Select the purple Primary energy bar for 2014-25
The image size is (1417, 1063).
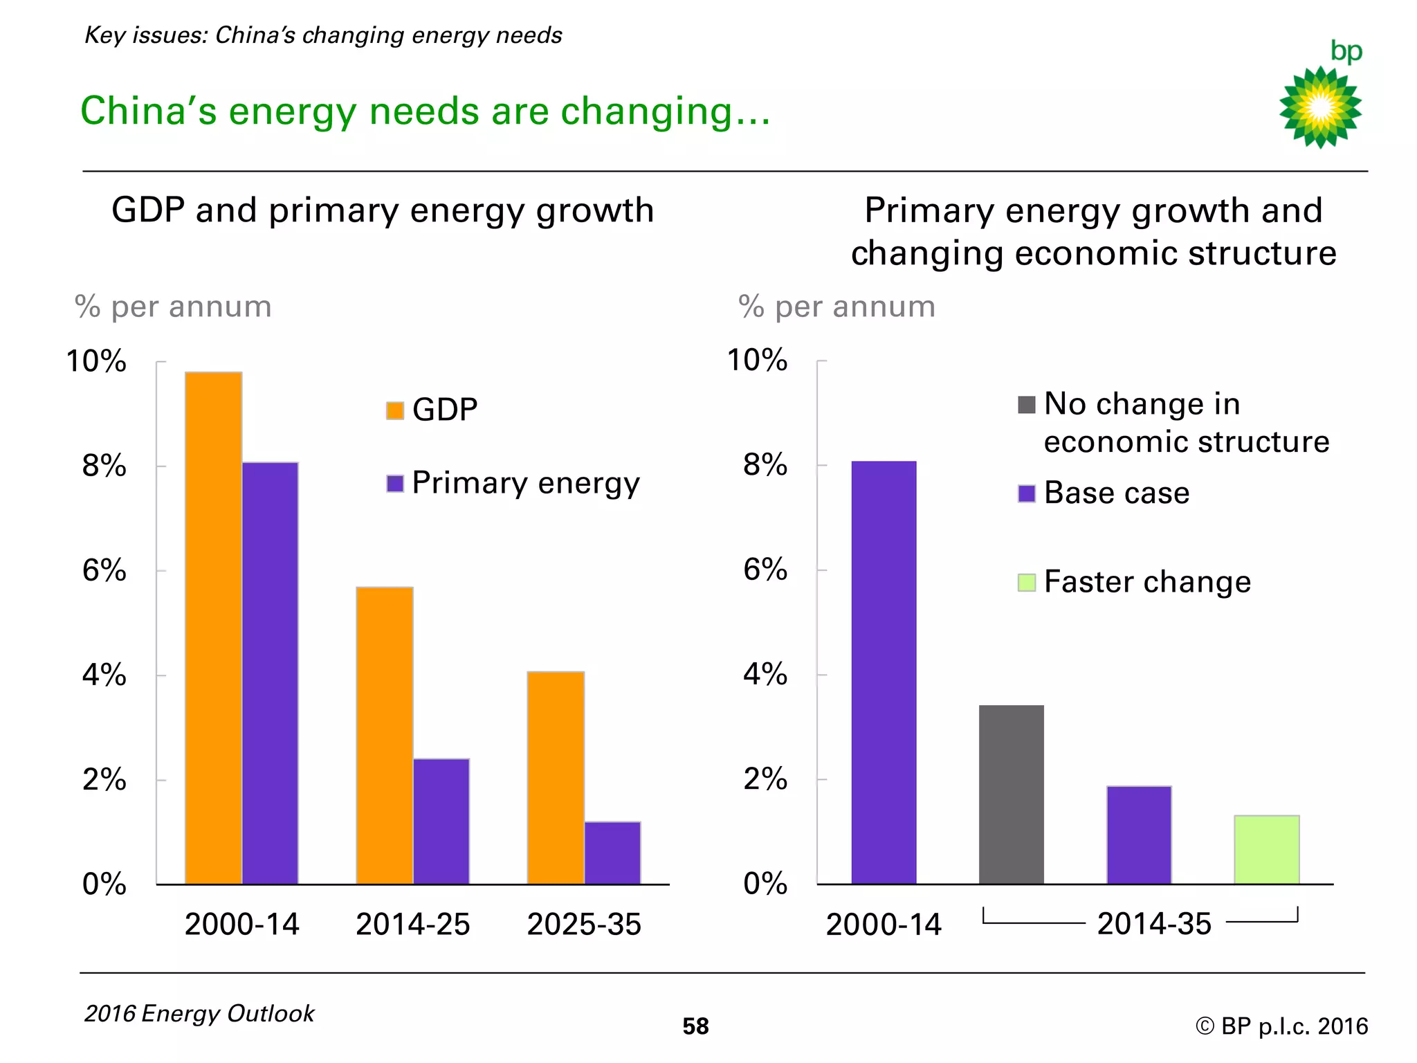click(x=441, y=821)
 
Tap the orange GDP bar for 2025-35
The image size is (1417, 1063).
click(x=556, y=777)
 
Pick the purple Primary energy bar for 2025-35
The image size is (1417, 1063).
click(x=612, y=853)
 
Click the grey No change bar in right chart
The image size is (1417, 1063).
click(x=1011, y=794)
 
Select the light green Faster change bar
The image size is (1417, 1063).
click(x=1266, y=849)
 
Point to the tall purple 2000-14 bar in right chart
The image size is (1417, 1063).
click(x=884, y=672)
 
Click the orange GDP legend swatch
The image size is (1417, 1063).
click(x=395, y=410)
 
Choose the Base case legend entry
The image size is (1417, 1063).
click(x=1116, y=493)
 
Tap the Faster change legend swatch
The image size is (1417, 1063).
click(x=1027, y=583)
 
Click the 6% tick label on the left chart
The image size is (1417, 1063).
click(x=104, y=571)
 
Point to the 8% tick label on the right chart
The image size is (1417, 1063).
click(x=765, y=465)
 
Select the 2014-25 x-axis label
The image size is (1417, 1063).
click(x=412, y=925)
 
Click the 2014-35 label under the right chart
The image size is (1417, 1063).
click(x=1154, y=924)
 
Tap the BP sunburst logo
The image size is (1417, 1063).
click(x=1320, y=107)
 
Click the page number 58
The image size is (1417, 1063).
click(x=695, y=1026)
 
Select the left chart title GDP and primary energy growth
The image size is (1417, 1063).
click(x=383, y=210)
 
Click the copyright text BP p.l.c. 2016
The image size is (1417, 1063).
click(x=1281, y=1026)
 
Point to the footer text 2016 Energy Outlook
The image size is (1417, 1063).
click(x=199, y=1014)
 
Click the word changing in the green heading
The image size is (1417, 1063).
click(x=646, y=112)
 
